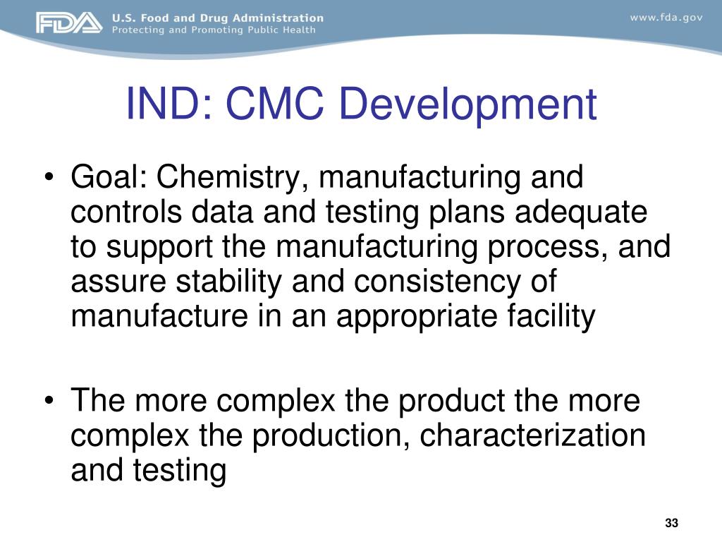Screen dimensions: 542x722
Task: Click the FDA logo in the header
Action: point(68,23)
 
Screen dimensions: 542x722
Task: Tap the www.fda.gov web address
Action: point(666,18)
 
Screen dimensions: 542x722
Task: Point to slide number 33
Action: point(671,523)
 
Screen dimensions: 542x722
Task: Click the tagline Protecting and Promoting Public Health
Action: point(214,30)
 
